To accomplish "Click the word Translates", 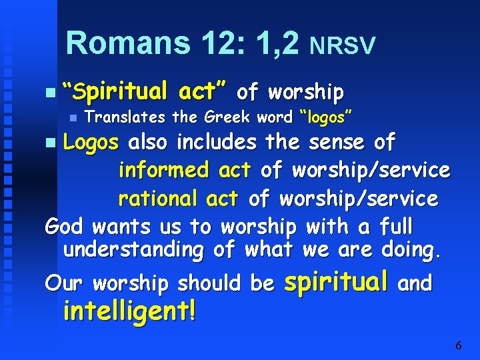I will [x=126, y=118].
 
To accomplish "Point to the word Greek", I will [x=228, y=118].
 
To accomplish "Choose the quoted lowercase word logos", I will [x=326, y=118].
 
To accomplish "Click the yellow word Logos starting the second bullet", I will [x=91, y=142].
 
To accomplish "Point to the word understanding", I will [x=133, y=251].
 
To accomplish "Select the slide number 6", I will [x=458, y=345].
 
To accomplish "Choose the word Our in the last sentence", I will [x=65, y=283].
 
